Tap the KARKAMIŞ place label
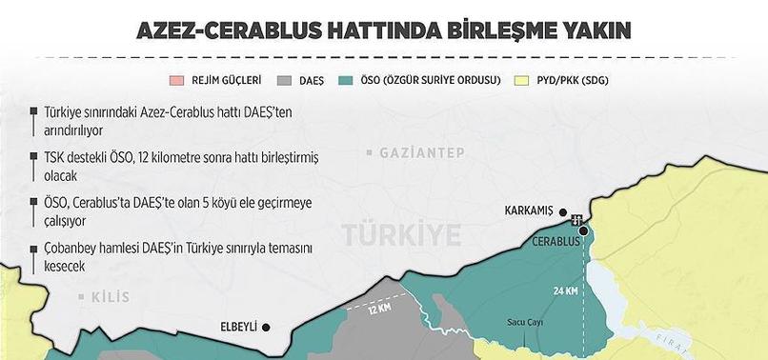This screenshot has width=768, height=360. pos(526,211)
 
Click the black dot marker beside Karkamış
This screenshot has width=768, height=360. pos(564,212)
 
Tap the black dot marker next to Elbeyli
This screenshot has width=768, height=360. pos(266,327)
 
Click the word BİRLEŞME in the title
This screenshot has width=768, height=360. pos(465,30)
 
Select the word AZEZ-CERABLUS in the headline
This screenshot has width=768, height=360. pos(217,30)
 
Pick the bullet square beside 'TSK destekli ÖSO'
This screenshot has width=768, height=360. pos(33,157)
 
